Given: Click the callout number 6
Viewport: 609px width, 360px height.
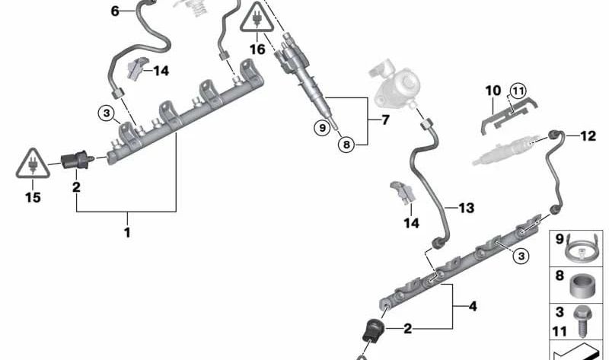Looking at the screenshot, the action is coord(115,11).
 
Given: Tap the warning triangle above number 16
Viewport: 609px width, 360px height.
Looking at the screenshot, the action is coord(257,18).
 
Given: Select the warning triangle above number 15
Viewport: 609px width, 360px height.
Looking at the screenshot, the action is coord(33,164).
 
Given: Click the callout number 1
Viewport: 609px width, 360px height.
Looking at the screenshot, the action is coord(127,233).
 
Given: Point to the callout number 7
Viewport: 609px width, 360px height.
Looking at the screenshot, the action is coord(385,119).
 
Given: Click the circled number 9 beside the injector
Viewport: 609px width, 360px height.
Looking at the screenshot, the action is coord(322,127).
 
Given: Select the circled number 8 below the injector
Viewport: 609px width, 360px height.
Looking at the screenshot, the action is coord(346,145).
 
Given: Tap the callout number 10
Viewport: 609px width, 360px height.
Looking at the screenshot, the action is coord(493,91).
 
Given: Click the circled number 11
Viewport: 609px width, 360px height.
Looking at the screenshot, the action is coord(518,91).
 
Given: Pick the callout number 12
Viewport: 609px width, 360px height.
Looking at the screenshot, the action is coord(588,136).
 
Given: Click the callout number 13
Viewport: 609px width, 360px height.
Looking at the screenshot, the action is coord(467,208).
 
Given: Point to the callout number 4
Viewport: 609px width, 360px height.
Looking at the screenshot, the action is coord(473,307).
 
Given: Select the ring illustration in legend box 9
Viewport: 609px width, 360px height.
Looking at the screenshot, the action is coord(580,249).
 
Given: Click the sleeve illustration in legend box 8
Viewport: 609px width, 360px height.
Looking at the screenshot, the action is coord(582,286).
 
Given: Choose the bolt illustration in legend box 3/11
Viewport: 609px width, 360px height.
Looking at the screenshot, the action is coord(581,321).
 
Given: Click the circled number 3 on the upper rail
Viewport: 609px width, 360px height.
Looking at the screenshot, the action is coord(107,114).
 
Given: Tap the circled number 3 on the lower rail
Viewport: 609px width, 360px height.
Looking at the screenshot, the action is coord(521,256).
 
